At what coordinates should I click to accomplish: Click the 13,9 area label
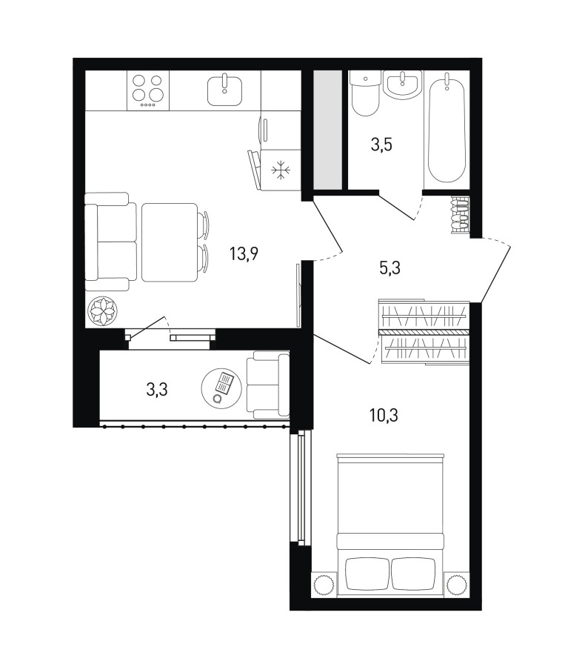[244, 254]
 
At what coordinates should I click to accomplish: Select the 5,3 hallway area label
[389, 268]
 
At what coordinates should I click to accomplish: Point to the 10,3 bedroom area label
[384, 415]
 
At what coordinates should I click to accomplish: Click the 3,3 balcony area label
[157, 389]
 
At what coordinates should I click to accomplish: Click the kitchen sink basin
[225, 90]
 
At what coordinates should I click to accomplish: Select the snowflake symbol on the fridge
[281, 170]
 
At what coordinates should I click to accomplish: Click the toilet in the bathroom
[365, 93]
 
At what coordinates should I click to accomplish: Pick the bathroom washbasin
[402, 84]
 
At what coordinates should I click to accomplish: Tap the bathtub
[447, 128]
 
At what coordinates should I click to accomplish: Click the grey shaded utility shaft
[328, 129]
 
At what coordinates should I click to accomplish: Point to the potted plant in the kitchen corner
[102, 311]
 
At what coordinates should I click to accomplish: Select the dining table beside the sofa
[169, 242]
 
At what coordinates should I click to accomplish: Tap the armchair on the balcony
[268, 385]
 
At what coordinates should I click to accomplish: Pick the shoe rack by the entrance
[460, 215]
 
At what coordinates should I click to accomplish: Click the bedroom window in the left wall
[301, 488]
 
